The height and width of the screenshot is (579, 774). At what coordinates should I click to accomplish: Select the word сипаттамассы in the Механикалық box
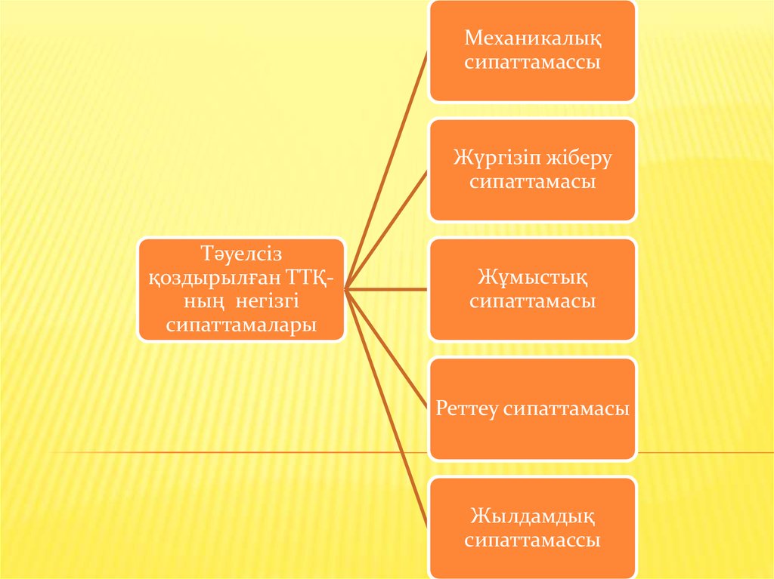coord(532,63)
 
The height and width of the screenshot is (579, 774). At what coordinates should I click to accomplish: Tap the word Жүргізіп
coord(491,158)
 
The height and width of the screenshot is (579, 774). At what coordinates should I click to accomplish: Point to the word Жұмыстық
coord(532,277)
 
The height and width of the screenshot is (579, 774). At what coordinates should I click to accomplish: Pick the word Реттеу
coord(468,409)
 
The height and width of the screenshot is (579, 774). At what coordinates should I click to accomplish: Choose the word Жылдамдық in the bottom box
coord(532,516)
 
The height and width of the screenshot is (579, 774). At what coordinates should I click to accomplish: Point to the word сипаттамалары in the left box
coord(241,325)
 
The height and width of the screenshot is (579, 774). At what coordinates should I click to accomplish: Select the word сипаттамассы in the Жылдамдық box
coord(532,541)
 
